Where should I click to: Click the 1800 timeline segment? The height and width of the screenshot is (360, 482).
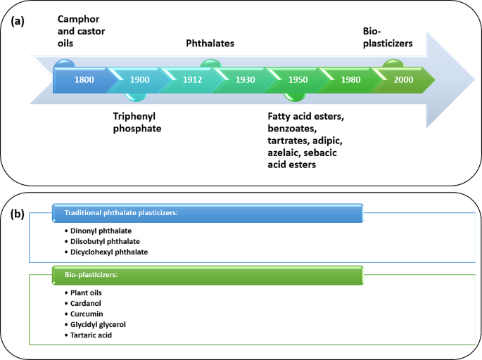[x=84, y=80]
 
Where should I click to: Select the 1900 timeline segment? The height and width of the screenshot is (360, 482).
[x=139, y=80]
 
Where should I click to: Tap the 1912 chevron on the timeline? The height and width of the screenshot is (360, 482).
[x=191, y=80]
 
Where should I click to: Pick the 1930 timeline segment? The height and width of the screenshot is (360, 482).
[x=245, y=80]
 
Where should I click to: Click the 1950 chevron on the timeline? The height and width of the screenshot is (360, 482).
[x=298, y=80]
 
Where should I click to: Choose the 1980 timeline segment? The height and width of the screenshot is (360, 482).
[x=350, y=80]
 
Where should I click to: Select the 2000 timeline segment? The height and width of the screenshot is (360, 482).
[x=403, y=80]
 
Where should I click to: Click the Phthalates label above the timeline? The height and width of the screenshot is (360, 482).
[x=210, y=44]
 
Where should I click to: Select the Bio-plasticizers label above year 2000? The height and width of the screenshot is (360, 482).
[x=387, y=37]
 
